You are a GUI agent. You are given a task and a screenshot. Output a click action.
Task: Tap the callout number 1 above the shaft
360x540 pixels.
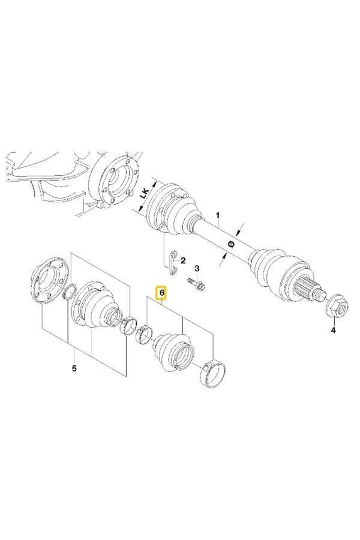click(x=217, y=215)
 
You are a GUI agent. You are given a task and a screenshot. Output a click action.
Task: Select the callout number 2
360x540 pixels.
click(x=183, y=260)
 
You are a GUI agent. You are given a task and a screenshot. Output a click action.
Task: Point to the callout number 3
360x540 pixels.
click(x=197, y=268)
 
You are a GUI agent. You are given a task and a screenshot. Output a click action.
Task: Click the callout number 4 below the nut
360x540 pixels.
click(x=333, y=330)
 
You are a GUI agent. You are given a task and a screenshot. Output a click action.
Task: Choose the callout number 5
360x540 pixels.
click(x=74, y=368)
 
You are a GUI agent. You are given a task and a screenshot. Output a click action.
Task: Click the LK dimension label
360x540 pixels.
click(x=145, y=193)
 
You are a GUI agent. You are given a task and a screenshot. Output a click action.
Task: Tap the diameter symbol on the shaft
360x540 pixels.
click(x=232, y=244)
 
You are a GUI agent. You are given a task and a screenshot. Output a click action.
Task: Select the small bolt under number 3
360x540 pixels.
click(x=197, y=284)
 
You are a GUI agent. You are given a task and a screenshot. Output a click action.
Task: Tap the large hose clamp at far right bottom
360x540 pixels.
click(x=213, y=374)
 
